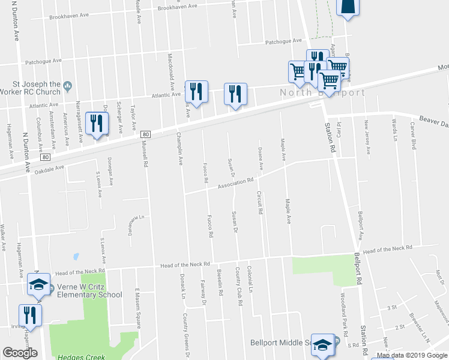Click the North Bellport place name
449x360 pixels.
321,93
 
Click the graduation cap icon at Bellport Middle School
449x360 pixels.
322,345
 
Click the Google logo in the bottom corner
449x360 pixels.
20,353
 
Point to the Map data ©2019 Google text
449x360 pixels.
412,355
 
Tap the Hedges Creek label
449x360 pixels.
80,356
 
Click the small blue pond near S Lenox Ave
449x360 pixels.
76,256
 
